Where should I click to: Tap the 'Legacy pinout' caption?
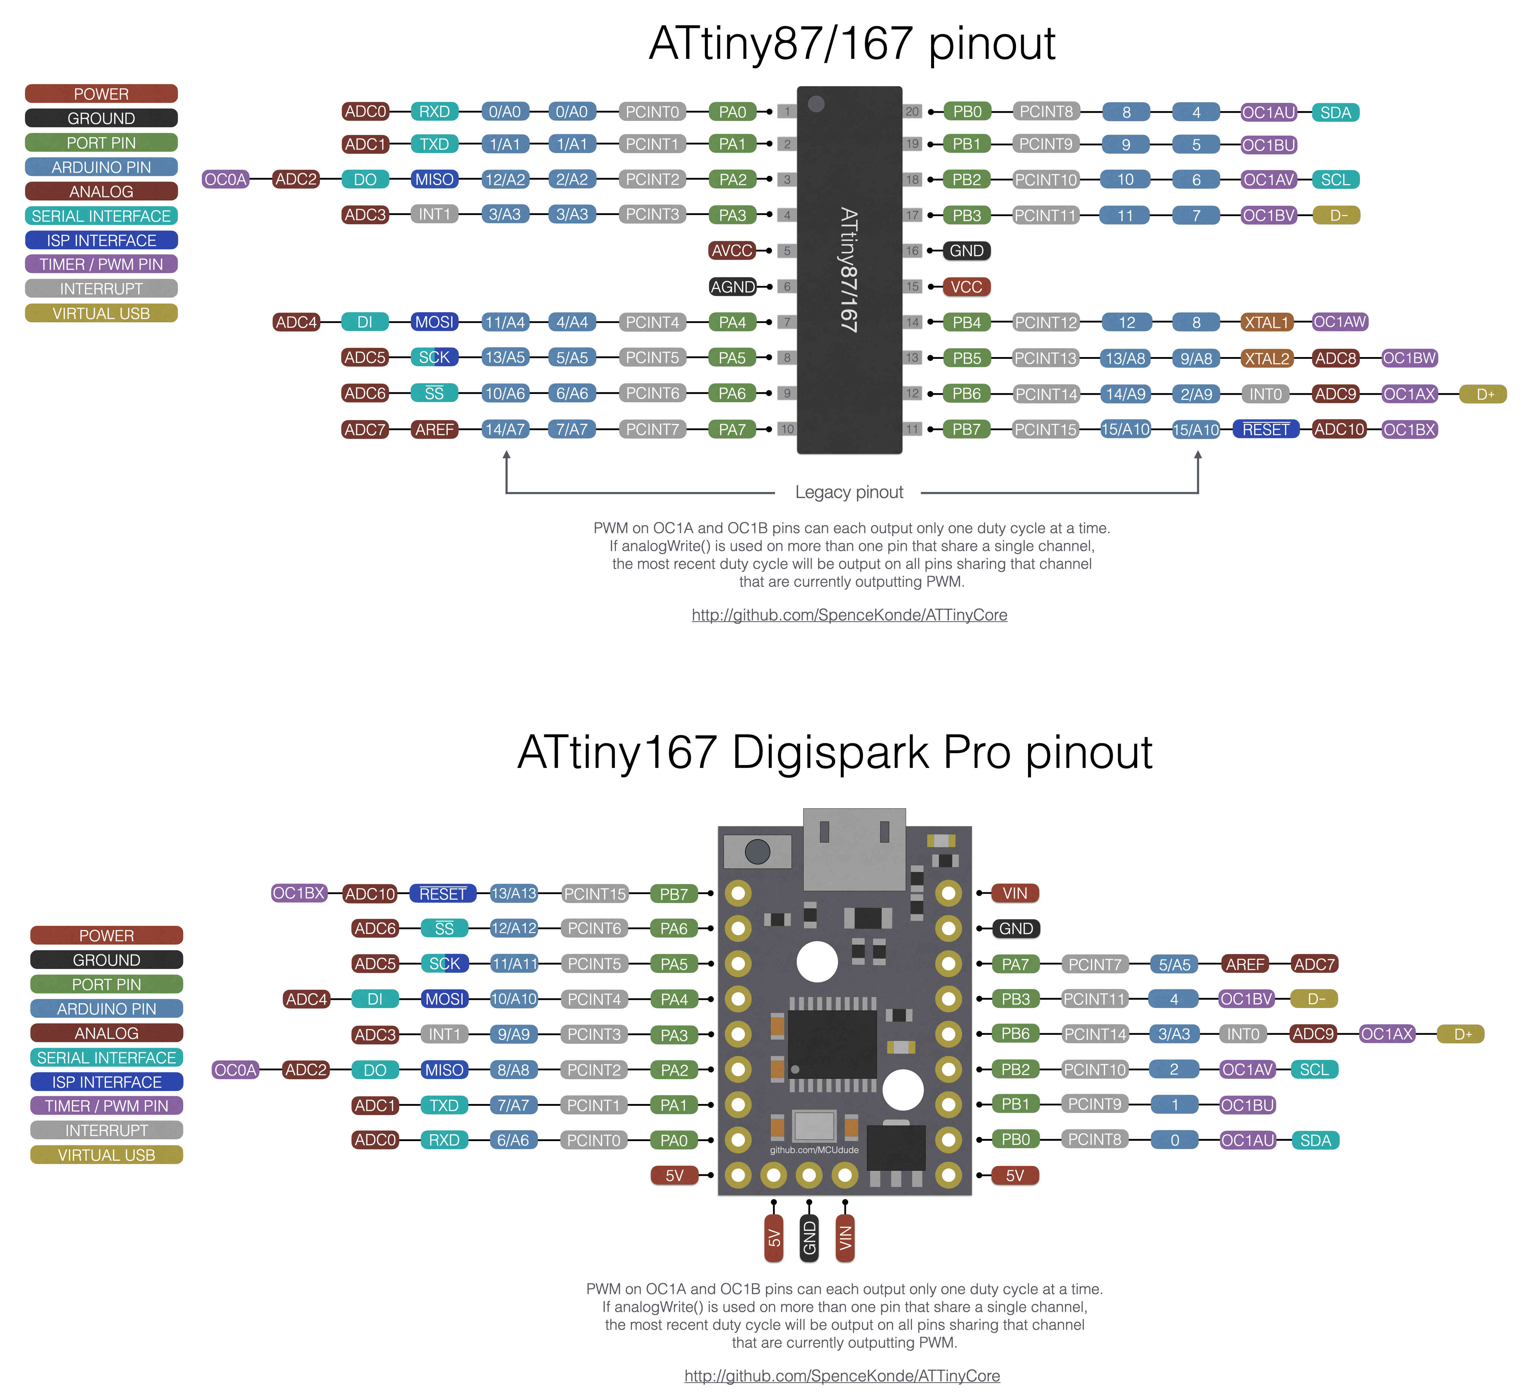tap(848, 492)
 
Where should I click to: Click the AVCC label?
tap(732, 250)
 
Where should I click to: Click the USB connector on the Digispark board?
tap(854, 849)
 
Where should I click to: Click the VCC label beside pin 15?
tap(966, 287)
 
